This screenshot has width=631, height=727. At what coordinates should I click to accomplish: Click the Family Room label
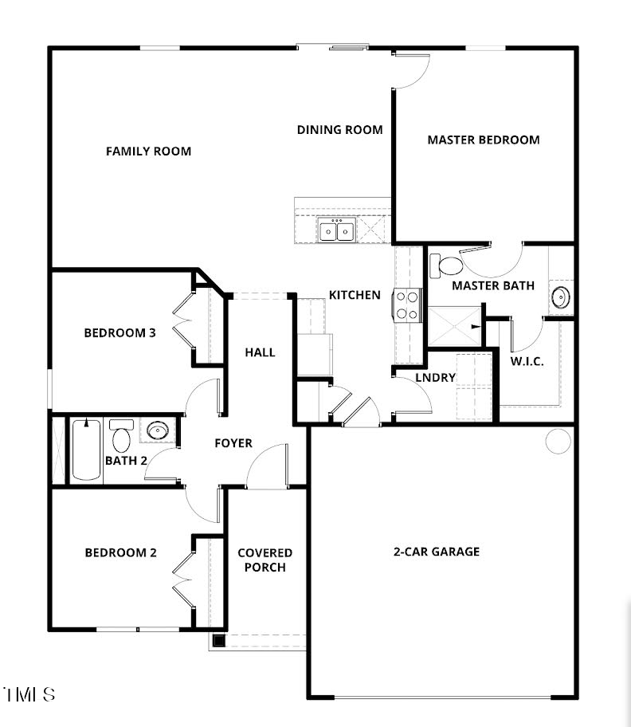(x=148, y=151)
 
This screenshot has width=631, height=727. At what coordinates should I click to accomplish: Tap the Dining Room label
(x=340, y=130)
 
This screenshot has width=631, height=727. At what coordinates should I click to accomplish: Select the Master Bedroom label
(x=483, y=140)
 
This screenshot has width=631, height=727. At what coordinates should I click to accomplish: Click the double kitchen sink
(x=337, y=231)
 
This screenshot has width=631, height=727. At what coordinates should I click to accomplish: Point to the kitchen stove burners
(x=407, y=305)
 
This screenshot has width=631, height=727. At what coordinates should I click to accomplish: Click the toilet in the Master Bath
(x=446, y=265)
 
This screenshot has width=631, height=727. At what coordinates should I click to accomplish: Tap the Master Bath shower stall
(x=455, y=326)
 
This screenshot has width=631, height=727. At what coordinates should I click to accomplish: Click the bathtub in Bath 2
(x=86, y=450)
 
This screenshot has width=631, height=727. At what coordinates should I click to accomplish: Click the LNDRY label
(x=436, y=378)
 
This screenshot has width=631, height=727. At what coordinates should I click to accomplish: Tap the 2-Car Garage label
(x=437, y=552)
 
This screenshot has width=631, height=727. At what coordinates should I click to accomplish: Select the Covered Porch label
(x=265, y=560)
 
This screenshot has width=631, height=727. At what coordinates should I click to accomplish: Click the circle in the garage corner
(x=558, y=440)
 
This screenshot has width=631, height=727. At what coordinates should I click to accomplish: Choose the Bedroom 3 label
(x=120, y=333)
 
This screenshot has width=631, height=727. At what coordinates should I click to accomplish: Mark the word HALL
(x=260, y=352)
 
